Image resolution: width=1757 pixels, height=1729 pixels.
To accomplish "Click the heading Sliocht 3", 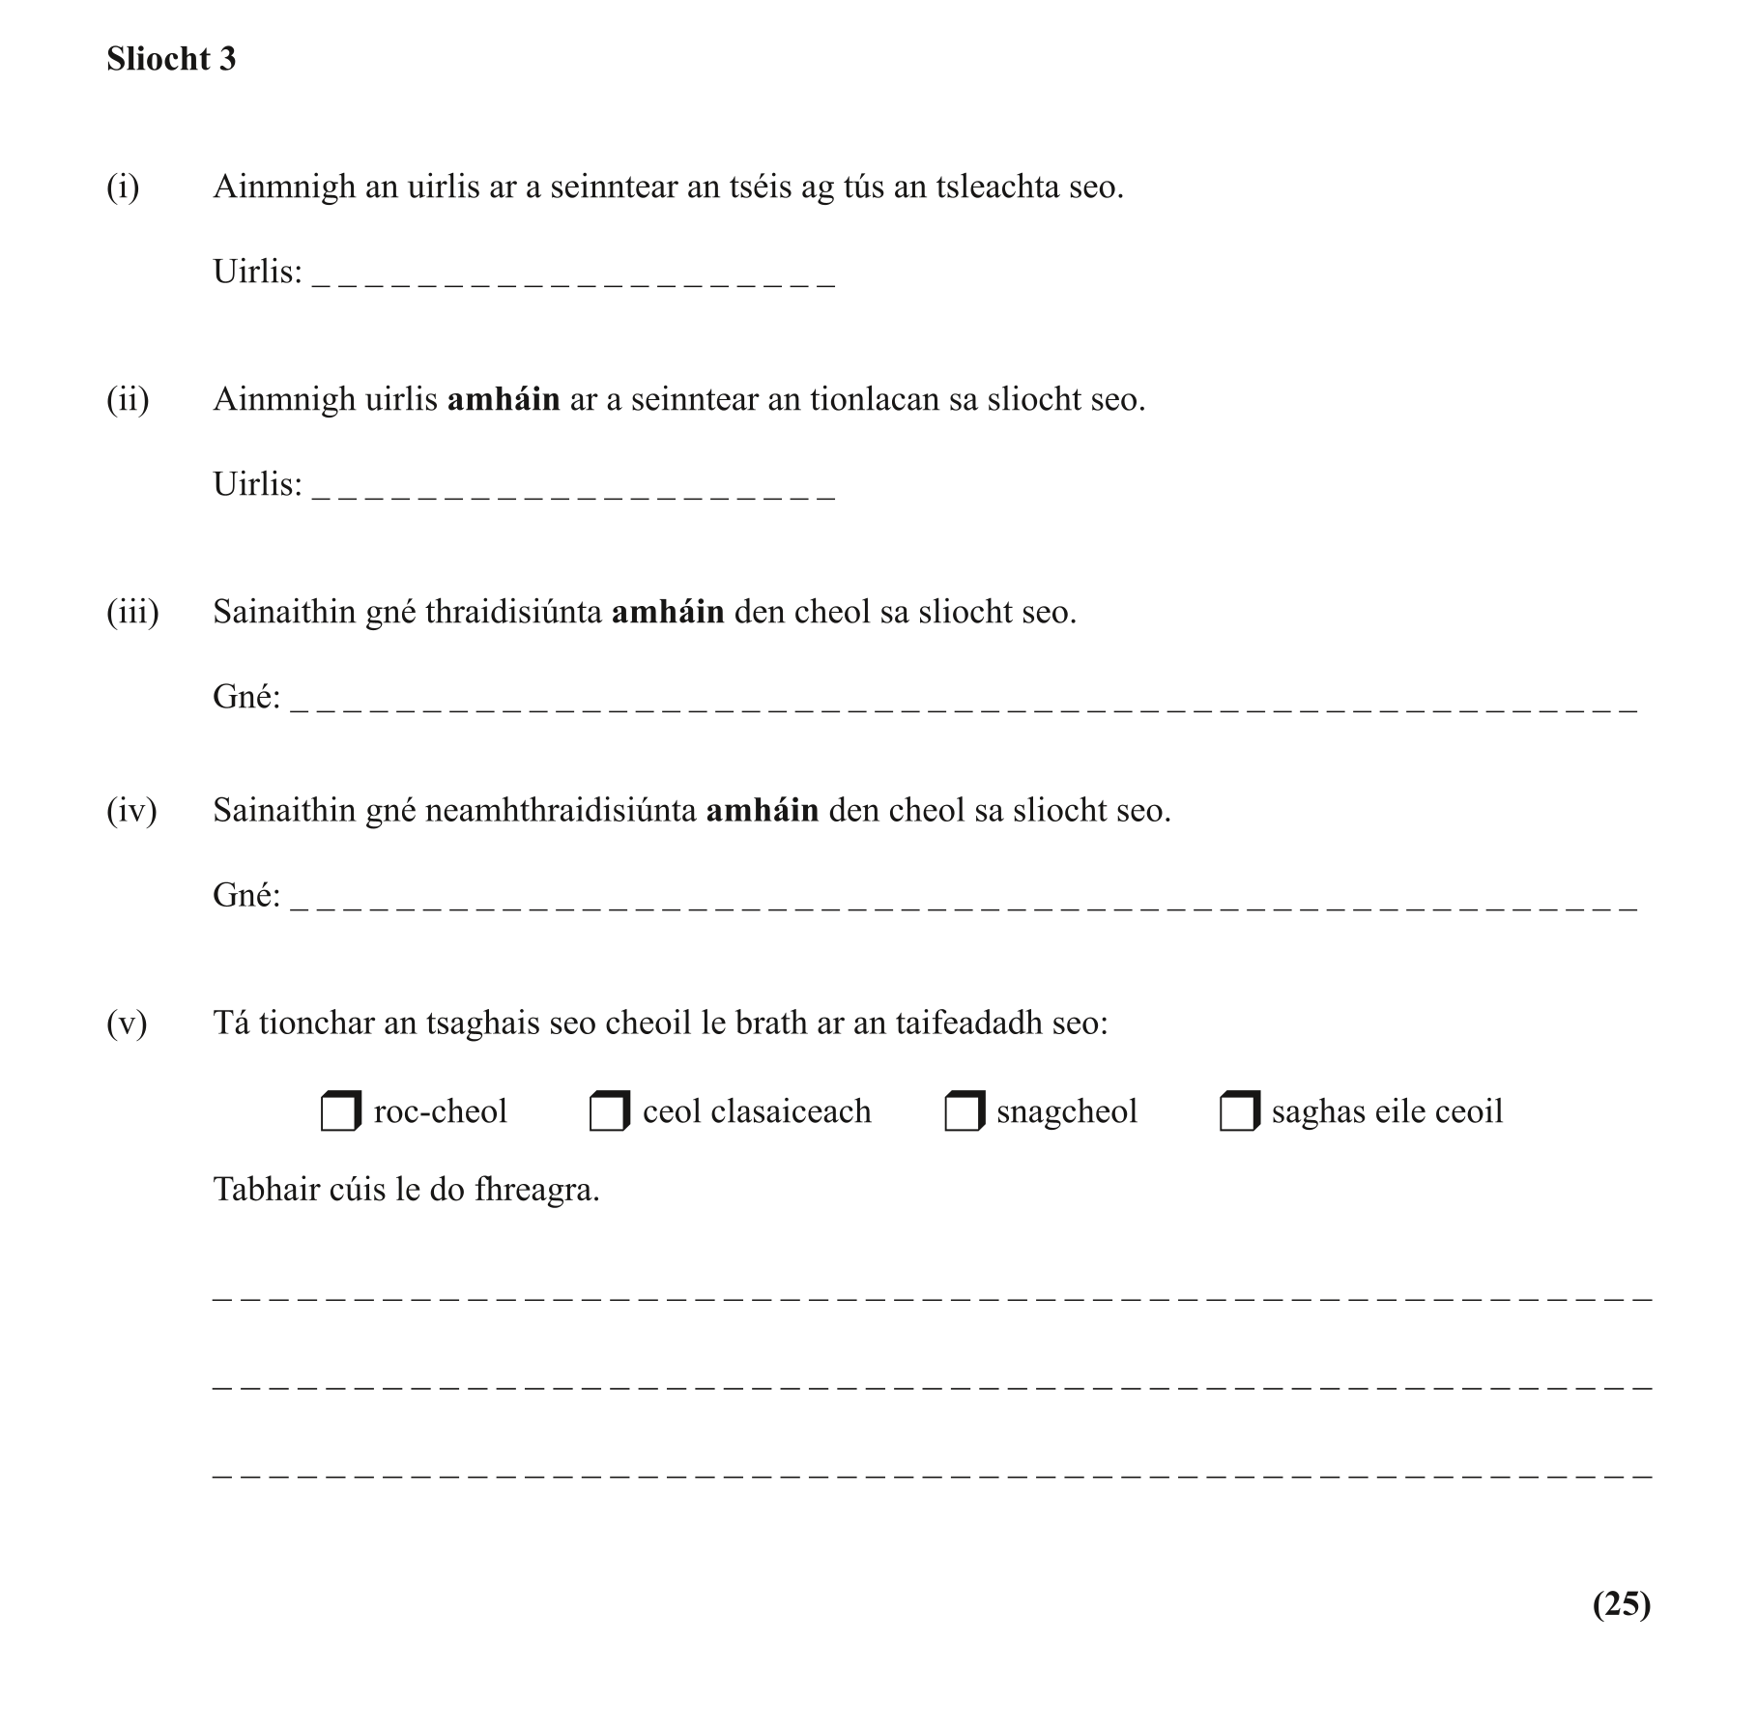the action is coord(171,59).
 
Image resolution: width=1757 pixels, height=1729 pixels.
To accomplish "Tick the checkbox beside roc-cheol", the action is coord(339,1112).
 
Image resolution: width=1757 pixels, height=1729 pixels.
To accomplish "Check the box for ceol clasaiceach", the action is coord(608,1112).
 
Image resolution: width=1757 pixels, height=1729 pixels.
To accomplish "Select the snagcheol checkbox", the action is coord(963,1112).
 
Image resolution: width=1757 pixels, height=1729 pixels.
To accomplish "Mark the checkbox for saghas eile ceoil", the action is coord(1238,1112).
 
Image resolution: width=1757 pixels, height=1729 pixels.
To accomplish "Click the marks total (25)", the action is coord(1621,1603).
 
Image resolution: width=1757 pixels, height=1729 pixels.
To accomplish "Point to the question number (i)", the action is coord(123,187).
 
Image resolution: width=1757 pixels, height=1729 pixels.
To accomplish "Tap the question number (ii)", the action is coord(128,399).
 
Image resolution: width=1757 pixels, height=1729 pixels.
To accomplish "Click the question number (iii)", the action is coord(132,612).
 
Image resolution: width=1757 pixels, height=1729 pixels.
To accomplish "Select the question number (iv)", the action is coord(131,810).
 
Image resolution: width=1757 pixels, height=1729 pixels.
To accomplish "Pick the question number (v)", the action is coord(127,1023).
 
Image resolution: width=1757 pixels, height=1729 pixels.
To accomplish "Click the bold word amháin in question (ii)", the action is coord(504,399).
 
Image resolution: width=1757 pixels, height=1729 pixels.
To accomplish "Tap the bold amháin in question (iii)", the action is coord(668,612).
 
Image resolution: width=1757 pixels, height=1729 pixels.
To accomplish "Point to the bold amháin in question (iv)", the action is coord(763,810).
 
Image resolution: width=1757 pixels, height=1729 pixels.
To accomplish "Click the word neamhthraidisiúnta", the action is coord(561,810).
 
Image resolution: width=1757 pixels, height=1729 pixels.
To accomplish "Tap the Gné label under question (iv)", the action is coord(246,896).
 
